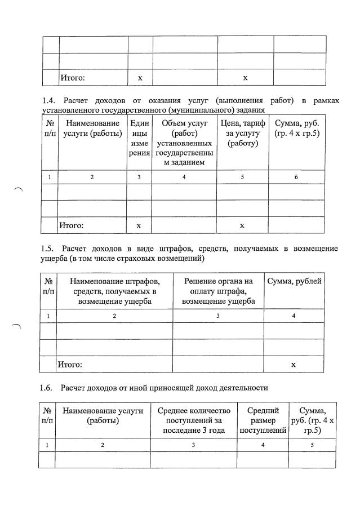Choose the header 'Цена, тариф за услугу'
pos(242,133)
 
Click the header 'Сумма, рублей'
pos(295,281)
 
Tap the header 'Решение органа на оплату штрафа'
pos(218,291)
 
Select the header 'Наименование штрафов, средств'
pos(114,291)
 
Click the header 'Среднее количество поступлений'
pos(194,420)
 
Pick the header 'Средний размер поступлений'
pos(264,420)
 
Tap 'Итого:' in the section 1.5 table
pos(70,365)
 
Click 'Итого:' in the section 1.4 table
pos(72,225)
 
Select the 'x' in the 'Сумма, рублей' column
pos(294,365)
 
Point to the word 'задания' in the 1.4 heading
pos(248,110)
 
